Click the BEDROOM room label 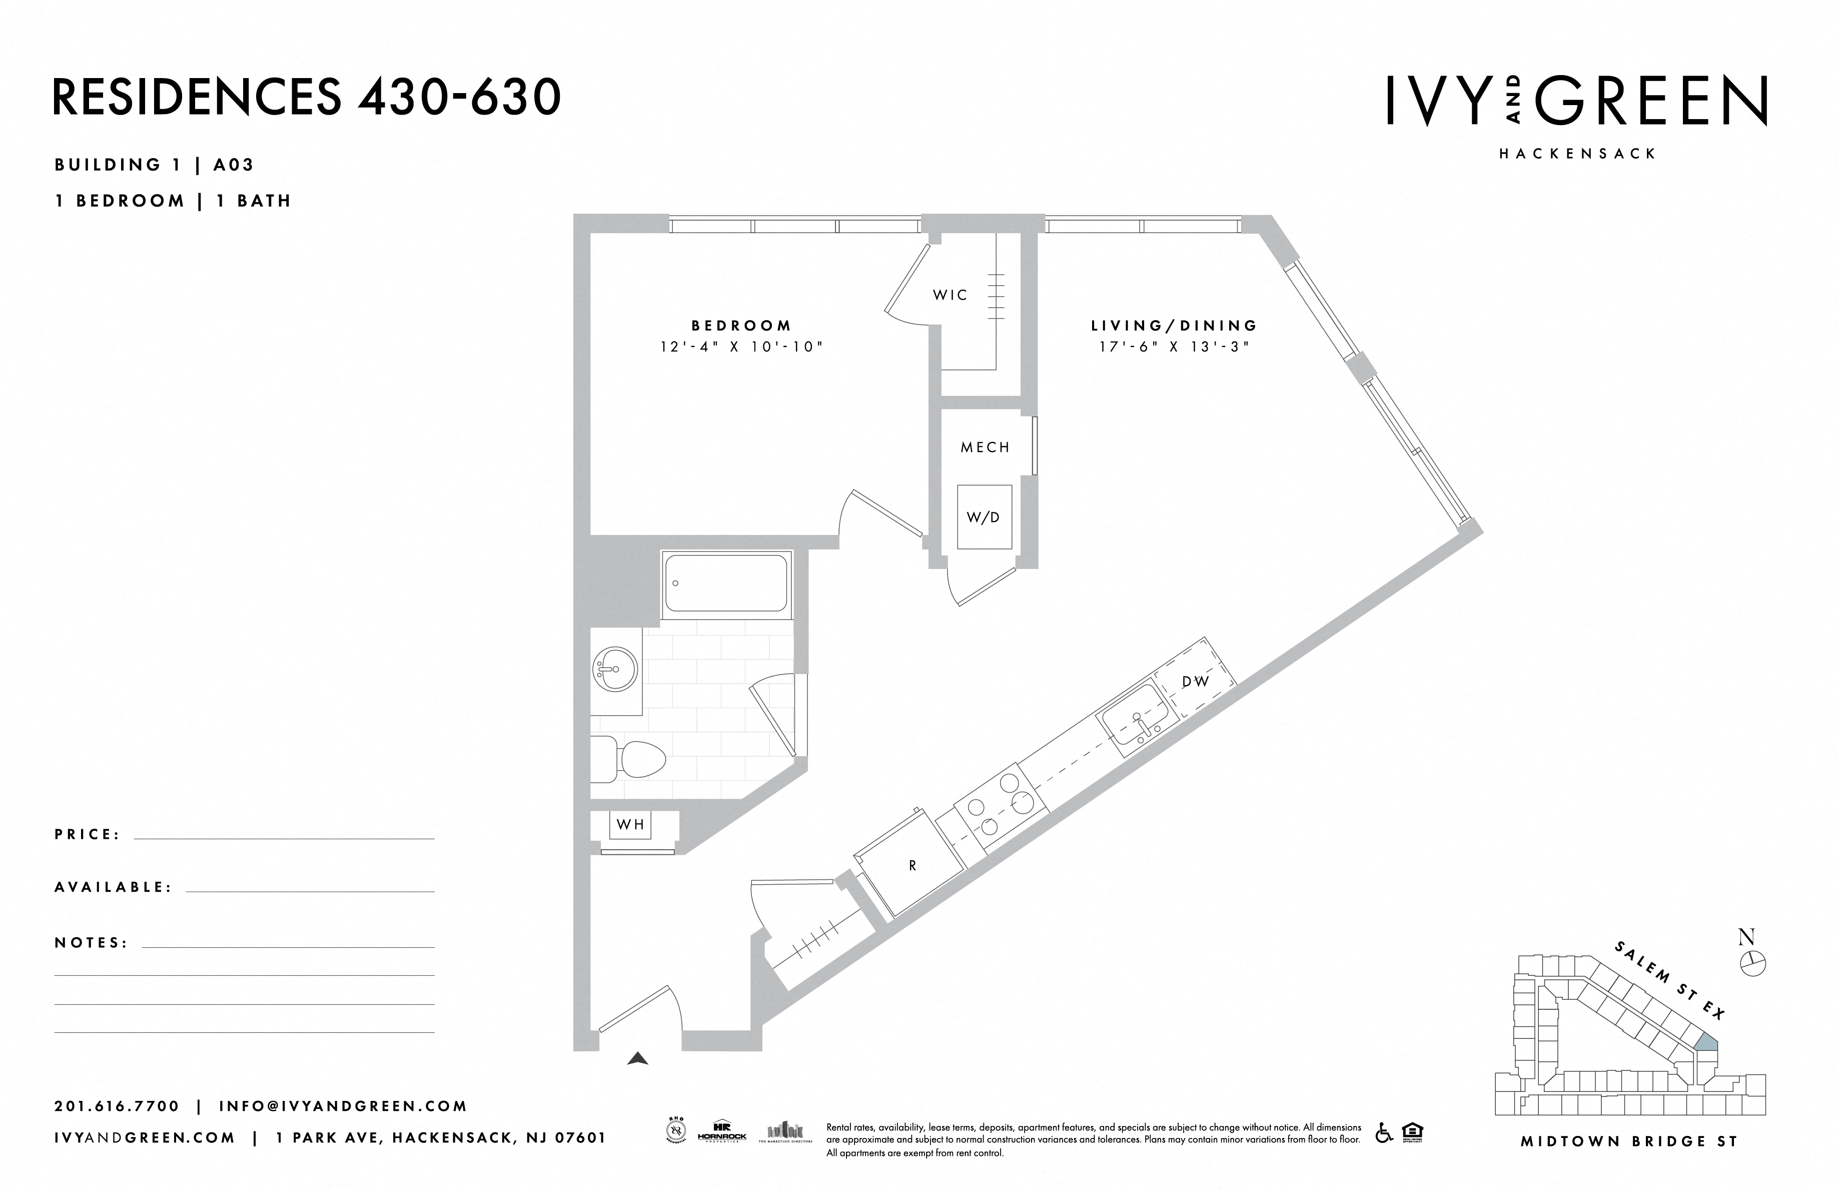point(741,326)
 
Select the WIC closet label point(950,295)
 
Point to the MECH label point(985,447)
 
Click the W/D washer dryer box point(984,517)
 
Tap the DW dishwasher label point(1195,682)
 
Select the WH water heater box point(631,825)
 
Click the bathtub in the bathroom point(725,583)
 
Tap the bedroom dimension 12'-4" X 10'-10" point(741,347)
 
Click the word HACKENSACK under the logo point(1577,154)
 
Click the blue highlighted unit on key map point(1706,1042)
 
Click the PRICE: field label point(87,835)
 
